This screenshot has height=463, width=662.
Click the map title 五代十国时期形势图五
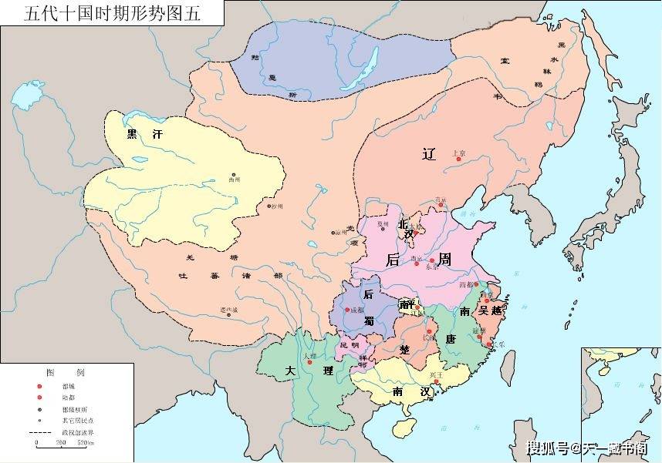click(x=113, y=13)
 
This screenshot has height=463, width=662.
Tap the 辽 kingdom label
click(x=429, y=153)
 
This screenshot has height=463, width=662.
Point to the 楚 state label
click(x=404, y=349)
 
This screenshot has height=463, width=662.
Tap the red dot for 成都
click(x=347, y=310)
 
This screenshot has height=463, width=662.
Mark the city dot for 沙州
click(x=269, y=206)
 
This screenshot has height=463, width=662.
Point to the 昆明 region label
click(x=350, y=344)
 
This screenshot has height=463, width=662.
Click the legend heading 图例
click(x=65, y=372)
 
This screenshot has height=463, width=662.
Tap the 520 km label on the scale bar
click(x=83, y=444)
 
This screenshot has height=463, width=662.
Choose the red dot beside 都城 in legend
click(x=39, y=386)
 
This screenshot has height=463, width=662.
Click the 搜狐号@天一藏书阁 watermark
click(x=586, y=448)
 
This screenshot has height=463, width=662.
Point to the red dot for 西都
click(x=476, y=284)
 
